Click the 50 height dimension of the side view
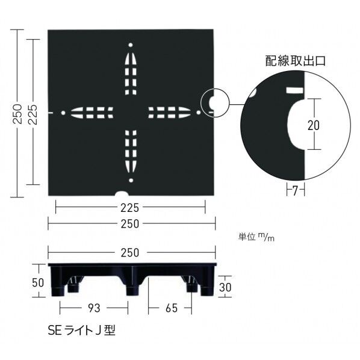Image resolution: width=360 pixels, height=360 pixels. [x=37, y=282]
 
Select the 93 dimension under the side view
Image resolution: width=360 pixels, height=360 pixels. [x=93, y=308]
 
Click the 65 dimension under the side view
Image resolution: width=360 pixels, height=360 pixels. [x=171, y=308]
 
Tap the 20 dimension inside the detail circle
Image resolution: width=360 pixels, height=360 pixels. [x=313, y=125]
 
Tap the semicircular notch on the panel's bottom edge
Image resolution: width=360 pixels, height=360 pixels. [x=122, y=193]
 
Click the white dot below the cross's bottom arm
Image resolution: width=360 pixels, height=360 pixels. [x=130, y=179]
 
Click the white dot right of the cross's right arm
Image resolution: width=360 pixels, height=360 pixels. [x=198, y=112]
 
